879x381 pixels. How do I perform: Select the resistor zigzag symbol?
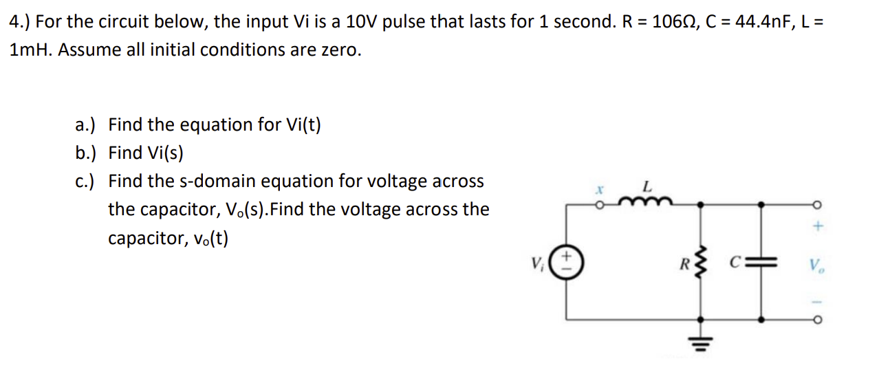(x=700, y=262)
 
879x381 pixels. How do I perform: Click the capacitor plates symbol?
(x=762, y=262)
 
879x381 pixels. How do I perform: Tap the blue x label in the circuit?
(x=599, y=188)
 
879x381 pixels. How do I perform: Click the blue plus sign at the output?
(x=817, y=226)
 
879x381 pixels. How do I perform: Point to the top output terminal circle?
(x=816, y=204)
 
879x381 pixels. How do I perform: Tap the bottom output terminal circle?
(x=816, y=320)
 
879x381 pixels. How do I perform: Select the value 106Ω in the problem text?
(x=677, y=21)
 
